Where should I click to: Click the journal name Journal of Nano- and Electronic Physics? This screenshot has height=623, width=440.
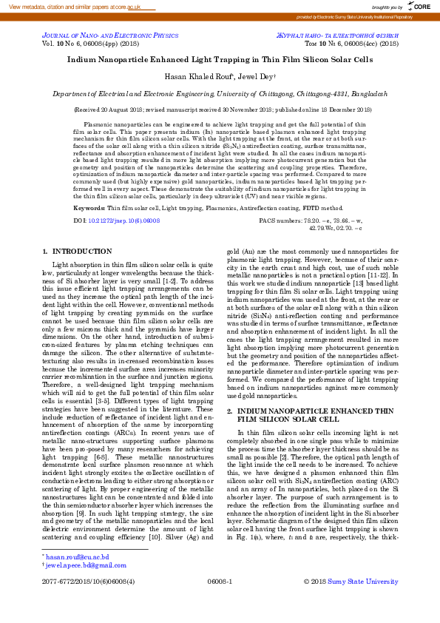pos(110,35)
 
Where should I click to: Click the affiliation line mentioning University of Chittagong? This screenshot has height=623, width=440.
pos(220,95)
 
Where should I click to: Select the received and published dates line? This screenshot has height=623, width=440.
pos(220,110)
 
